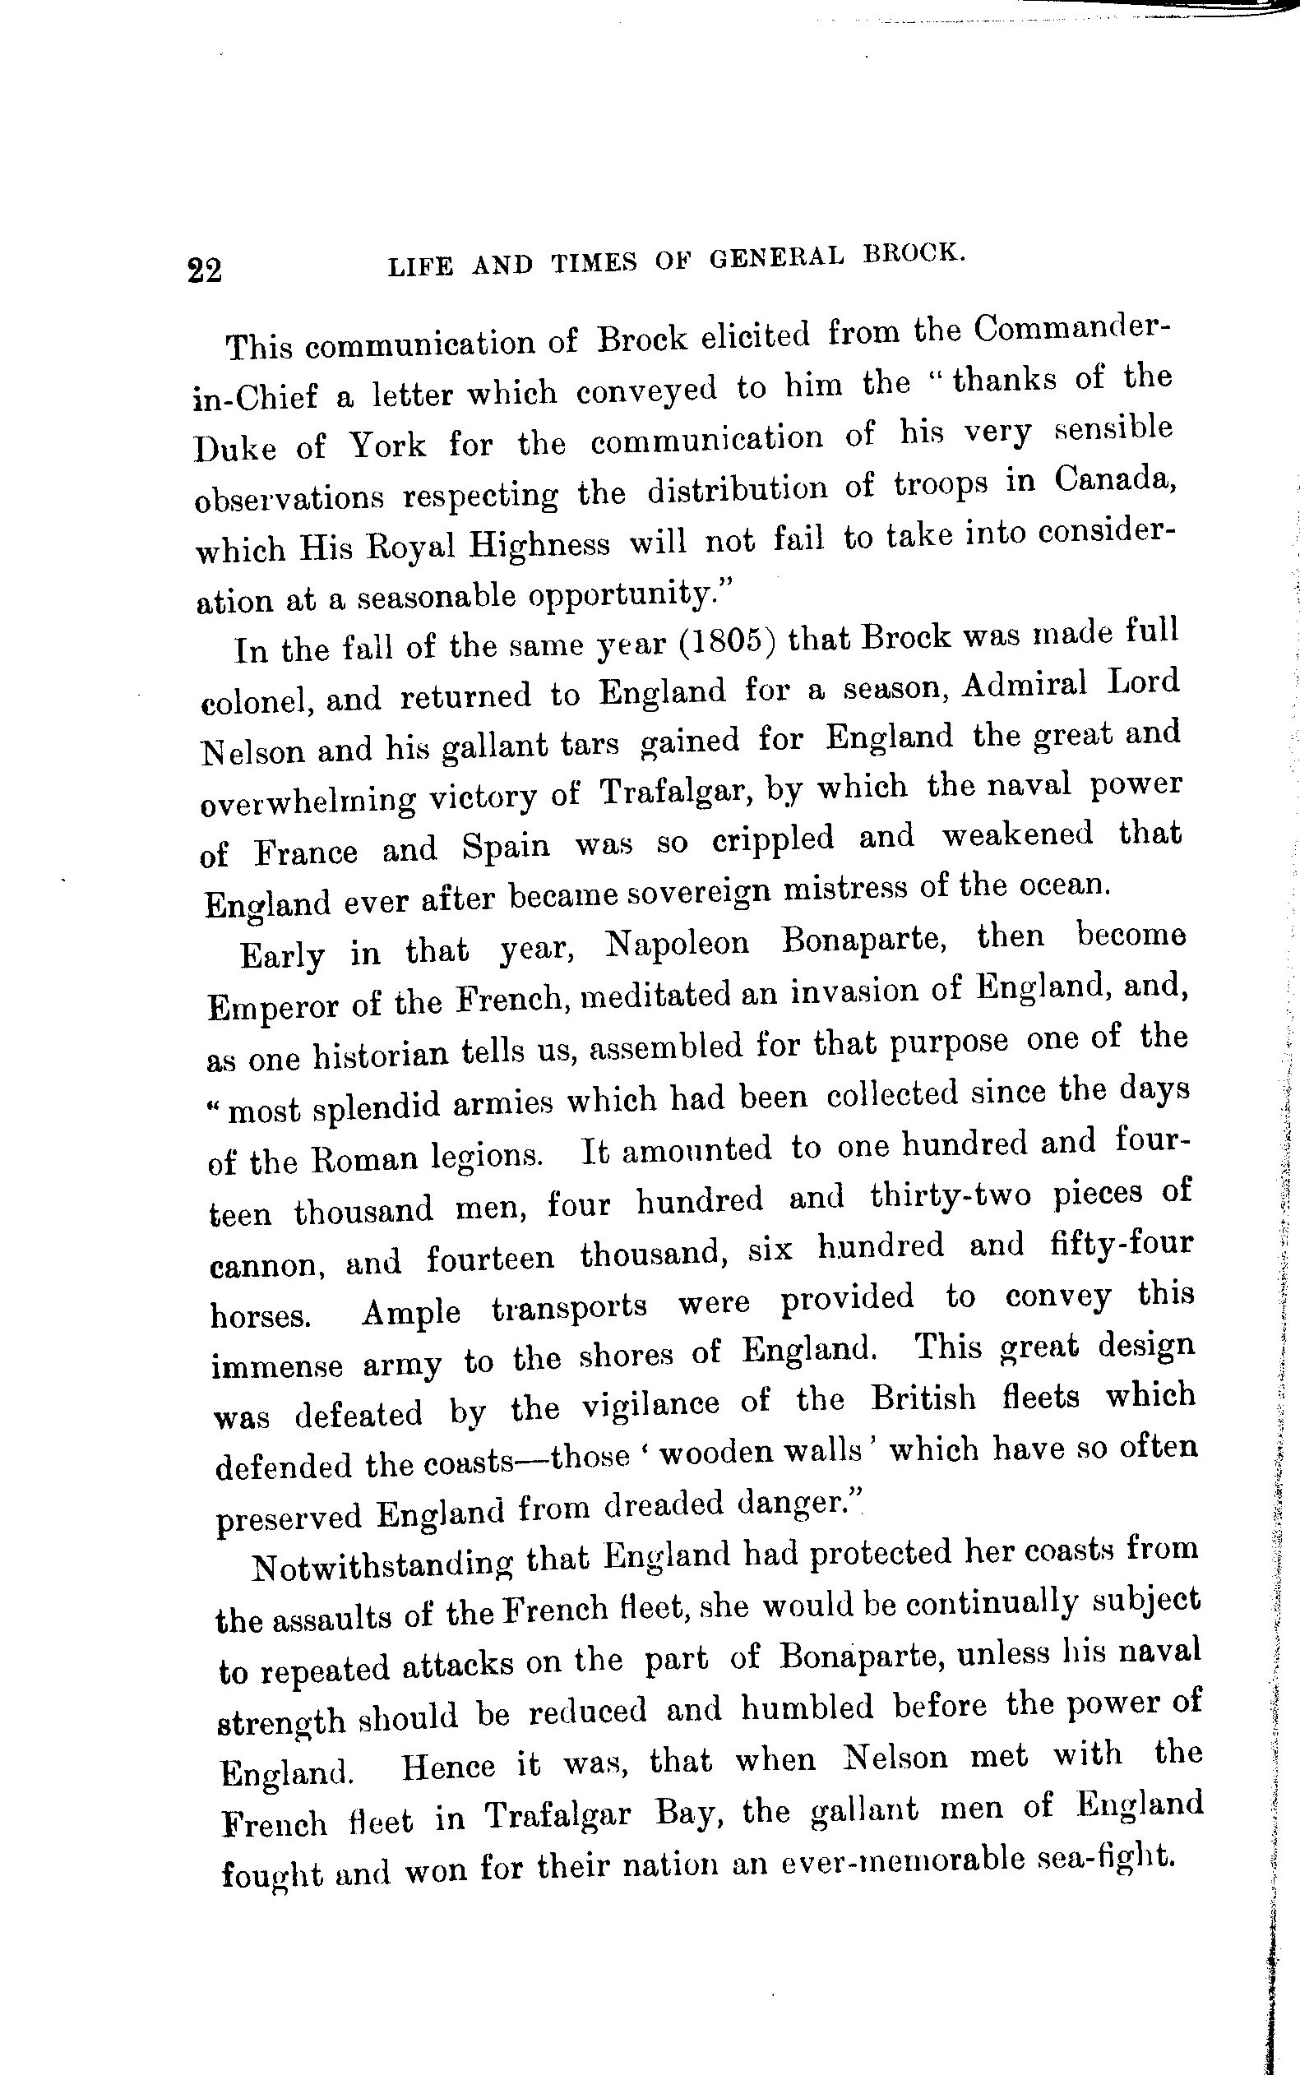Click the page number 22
pos(205,271)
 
